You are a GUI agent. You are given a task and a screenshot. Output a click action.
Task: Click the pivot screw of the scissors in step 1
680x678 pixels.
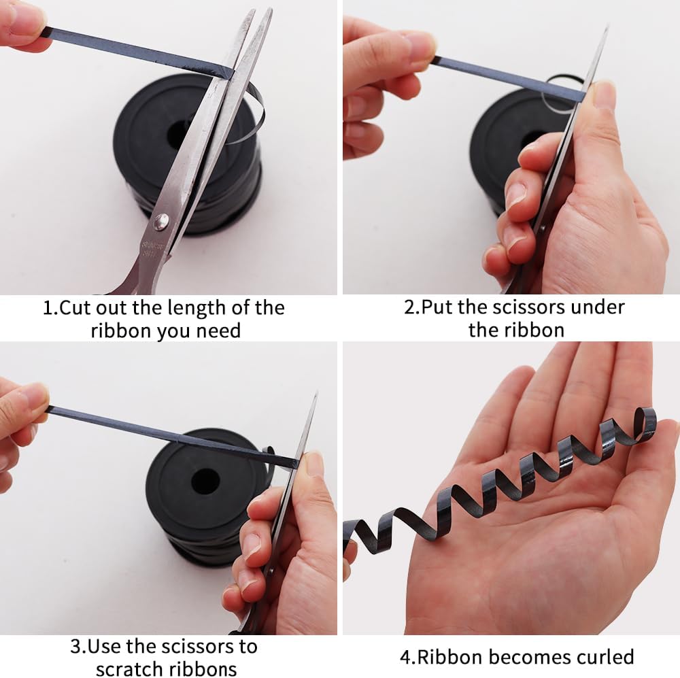click(x=161, y=222)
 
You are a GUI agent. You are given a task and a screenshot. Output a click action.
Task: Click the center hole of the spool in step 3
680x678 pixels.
click(x=205, y=481)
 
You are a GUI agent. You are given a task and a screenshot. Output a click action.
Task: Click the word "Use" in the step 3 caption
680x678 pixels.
click(x=103, y=647)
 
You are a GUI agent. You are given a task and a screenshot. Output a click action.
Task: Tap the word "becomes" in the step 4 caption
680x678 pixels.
click(x=532, y=657)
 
